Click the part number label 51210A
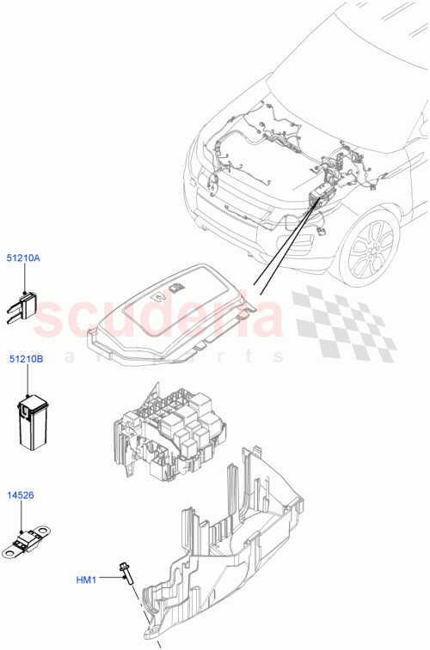click(24, 257)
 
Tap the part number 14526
click(21, 495)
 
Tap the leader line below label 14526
click(21, 515)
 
